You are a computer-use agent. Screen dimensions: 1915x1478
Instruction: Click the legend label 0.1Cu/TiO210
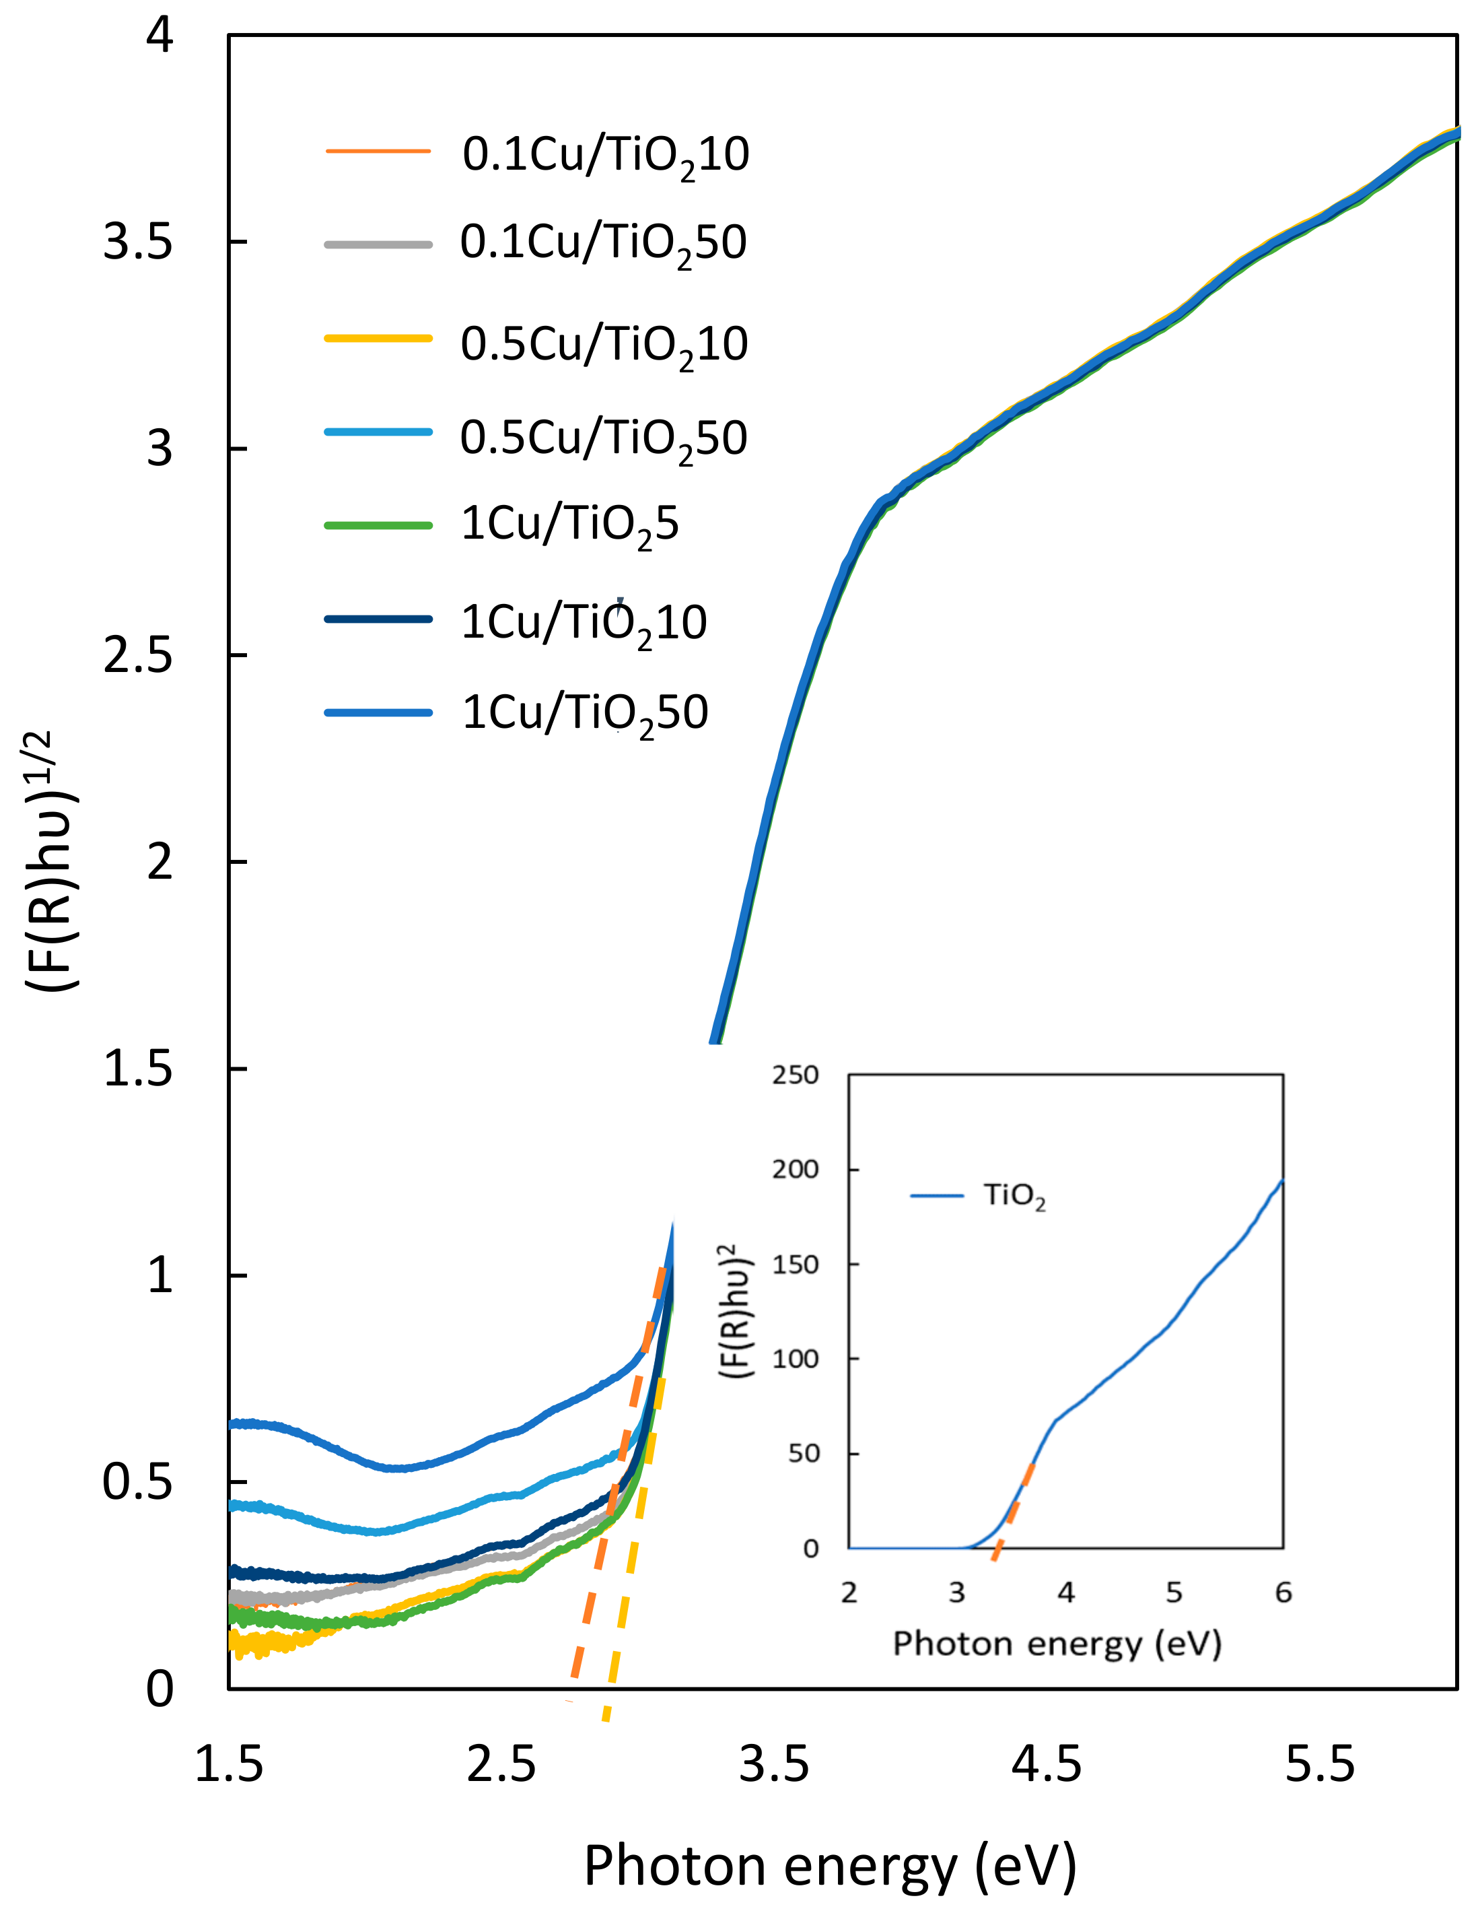click(x=605, y=154)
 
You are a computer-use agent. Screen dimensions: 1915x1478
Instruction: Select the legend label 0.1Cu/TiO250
click(x=603, y=243)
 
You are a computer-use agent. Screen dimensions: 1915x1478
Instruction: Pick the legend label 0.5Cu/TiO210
click(x=603, y=343)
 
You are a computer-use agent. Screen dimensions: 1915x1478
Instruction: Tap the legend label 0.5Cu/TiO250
click(x=603, y=438)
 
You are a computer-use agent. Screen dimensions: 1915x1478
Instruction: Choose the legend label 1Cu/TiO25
click(x=570, y=525)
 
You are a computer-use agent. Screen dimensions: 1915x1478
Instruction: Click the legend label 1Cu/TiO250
click(x=584, y=712)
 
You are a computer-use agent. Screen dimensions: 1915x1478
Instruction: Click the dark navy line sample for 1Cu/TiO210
click(x=378, y=619)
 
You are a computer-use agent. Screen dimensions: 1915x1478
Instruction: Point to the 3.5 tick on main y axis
click(x=137, y=241)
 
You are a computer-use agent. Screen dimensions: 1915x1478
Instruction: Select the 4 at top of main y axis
click(x=160, y=37)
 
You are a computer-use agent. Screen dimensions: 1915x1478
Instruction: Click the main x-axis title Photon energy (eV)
click(x=829, y=1865)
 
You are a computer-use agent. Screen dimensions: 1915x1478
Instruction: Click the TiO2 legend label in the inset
click(x=1014, y=1196)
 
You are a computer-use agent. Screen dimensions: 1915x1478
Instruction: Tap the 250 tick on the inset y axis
click(x=794, y=1075)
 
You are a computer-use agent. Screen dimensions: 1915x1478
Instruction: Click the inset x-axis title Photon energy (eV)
click(x=1057, y=1643)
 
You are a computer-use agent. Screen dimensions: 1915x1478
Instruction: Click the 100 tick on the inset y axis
click(x=794, y=1359)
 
